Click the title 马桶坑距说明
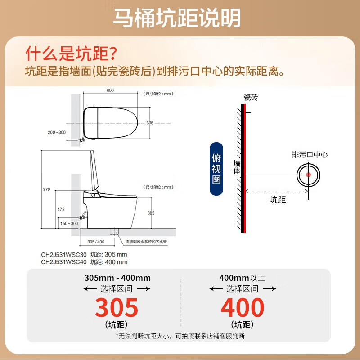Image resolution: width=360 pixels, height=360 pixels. [176, 18]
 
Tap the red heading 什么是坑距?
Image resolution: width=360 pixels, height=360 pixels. [72, 54]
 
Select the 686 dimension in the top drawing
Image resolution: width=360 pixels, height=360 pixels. [110, 90]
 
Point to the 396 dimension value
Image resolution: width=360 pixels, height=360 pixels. [150, 123]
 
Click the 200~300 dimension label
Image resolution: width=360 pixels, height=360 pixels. [56, 132]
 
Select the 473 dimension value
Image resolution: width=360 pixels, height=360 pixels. [61, 210]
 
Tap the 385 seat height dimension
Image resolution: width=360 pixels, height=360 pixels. [151, 213]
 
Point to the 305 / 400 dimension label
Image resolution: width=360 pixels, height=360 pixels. [93, 242]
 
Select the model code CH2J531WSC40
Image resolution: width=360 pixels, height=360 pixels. [63, 262]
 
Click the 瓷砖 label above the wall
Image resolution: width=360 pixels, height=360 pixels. [251, 97]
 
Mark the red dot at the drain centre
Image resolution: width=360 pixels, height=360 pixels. [308, 175]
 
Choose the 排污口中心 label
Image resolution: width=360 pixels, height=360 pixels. [310, 155]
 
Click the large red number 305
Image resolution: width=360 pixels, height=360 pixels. [117, 308]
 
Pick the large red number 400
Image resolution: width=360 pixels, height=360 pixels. [243, 308]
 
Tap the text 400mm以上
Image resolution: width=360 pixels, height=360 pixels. [242, 278]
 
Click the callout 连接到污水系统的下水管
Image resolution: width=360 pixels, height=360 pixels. [147, 242]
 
